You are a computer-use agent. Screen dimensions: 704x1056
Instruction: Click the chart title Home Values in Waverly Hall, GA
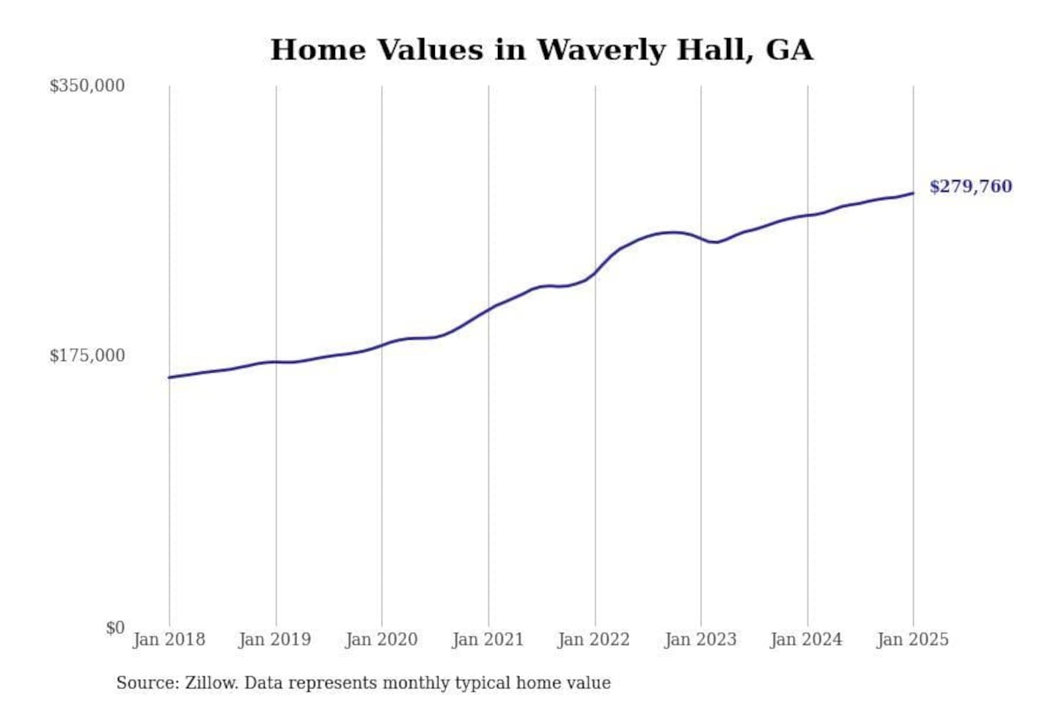pyautogui.click(x=541, y=50)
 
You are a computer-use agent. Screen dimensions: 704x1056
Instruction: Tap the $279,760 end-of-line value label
pyautogui.click(x=970, y=186)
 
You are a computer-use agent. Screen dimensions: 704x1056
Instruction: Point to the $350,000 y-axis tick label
pyautogui.click(x=87, y=86)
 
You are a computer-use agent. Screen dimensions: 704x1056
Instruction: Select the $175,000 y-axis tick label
pyautogui.click(x=87, y=356)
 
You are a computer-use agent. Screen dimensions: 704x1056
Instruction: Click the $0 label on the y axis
pyautogui.click(x=115, y=628)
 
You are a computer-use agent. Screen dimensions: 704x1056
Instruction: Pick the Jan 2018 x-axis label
pyautogui.click(x=169, y=639)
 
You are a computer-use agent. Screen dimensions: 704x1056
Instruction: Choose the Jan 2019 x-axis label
pyautogui.click(x=275, y=639)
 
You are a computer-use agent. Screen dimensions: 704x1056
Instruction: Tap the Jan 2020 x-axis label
pyautogui.click(x=381, y=639)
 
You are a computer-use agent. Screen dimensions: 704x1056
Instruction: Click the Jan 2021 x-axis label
pyautogui.click(x=488, y=639)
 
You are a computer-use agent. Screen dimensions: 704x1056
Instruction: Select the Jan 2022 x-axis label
pyautogui.click(x=594, y=639)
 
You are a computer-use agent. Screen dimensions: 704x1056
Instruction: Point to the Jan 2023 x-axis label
pyautogui.click(x=700, y=639)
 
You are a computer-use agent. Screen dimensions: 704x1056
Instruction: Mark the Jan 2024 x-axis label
pyautogui.click(x=807, y=639)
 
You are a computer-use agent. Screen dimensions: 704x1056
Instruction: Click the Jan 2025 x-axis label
pyautogui.click(x=913, y=639)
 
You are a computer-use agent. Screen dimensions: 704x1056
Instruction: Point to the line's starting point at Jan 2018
pyautogui.click(x=169, y=377)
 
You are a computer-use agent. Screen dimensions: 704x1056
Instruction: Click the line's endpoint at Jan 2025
pyautogui.click(x=913, y=193)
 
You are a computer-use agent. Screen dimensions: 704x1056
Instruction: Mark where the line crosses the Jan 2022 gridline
pyautogui.click(x=595, y=273)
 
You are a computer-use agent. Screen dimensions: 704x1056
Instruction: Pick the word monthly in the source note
pyautogui.click(x=416, y=683)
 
